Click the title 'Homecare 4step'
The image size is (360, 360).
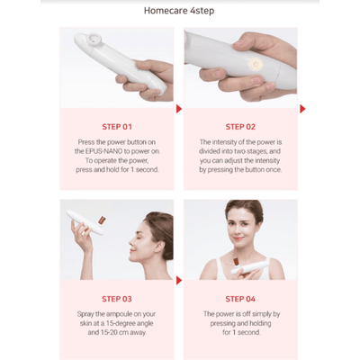(x=180, y=13)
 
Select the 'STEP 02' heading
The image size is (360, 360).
(x=240, y=127)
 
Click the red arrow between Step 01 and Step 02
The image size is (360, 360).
(x=179, y=109)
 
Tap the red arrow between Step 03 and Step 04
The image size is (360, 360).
(x=179, y=281)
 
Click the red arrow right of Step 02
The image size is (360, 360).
(x=301, y=109)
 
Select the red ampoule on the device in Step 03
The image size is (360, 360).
(x=102, y=219)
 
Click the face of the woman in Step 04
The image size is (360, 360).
(x=242, y=221)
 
